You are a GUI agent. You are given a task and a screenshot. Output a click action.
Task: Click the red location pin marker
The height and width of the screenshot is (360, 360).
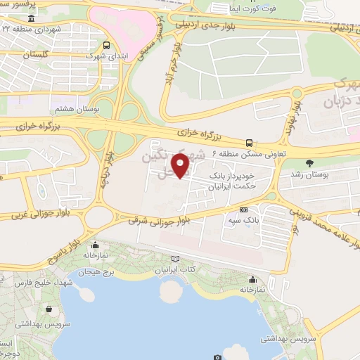click(181, 166)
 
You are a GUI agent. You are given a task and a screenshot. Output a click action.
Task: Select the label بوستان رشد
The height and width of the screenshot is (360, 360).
click(310, 173)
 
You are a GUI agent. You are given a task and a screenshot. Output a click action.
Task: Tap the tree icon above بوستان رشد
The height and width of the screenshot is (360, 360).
click(310, 162)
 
